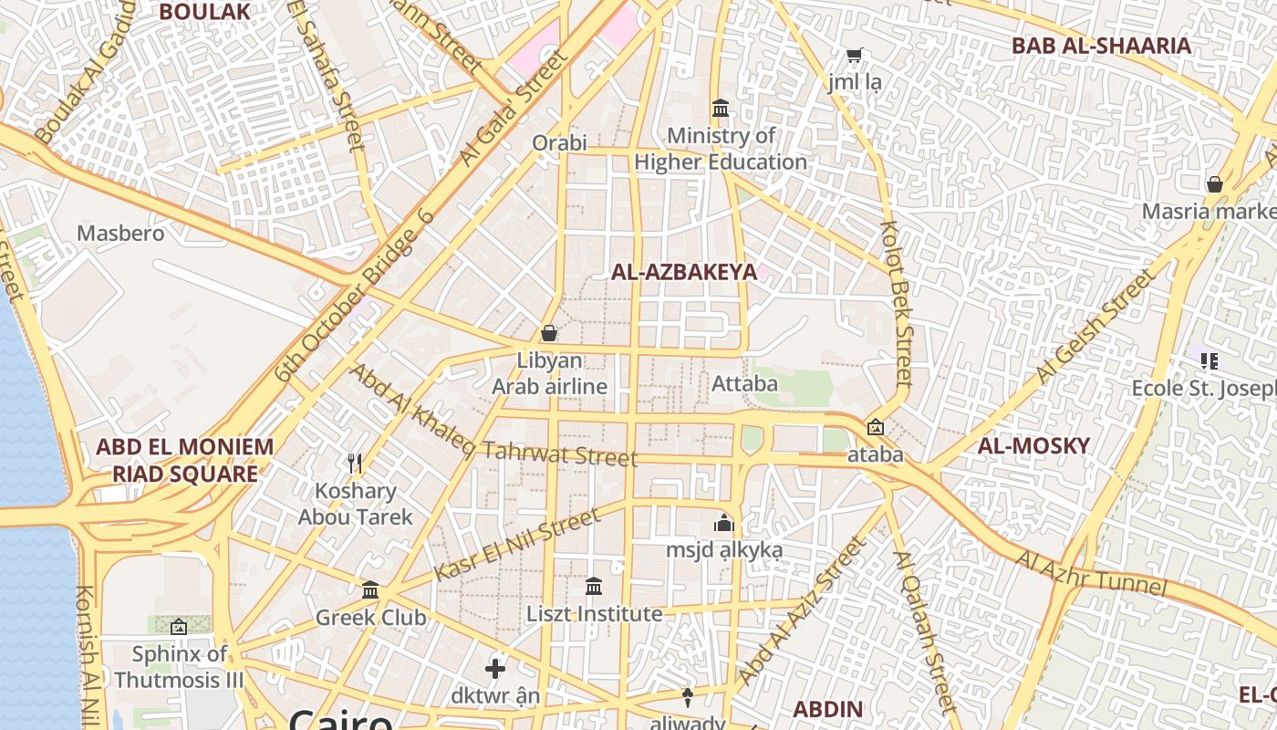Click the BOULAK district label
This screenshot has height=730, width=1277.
coord(204,11)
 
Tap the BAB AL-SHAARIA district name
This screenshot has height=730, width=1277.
coord(1101,46)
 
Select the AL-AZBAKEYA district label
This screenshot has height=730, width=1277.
coord(684,272)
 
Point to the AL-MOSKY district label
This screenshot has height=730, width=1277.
coord(1033,445)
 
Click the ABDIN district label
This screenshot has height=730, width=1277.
coord(827,709)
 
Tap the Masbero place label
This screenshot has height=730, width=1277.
coord(120,233)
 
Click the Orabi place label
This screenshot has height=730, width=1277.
coord(559,142)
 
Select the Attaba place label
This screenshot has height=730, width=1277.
coord(744,383)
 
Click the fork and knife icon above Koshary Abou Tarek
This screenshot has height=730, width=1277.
coord(356,464)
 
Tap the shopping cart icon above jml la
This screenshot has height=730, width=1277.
coord(854,56)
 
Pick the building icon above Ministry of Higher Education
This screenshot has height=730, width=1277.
coord(721,108)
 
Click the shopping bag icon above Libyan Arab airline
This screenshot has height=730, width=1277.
coord(549,333)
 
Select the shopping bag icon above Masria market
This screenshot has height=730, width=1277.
coord(1215,184)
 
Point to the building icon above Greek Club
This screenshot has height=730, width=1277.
coord(370,590)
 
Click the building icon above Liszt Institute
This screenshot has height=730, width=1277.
coord(594,586)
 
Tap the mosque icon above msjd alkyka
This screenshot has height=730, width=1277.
coord(724,523)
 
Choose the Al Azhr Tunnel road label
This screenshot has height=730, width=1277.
coord(1091,572)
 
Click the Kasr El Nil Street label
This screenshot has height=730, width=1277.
coord(517,545)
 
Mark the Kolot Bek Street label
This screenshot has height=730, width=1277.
coord(897,301)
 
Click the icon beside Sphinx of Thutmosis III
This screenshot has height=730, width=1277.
coord(179,627)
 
